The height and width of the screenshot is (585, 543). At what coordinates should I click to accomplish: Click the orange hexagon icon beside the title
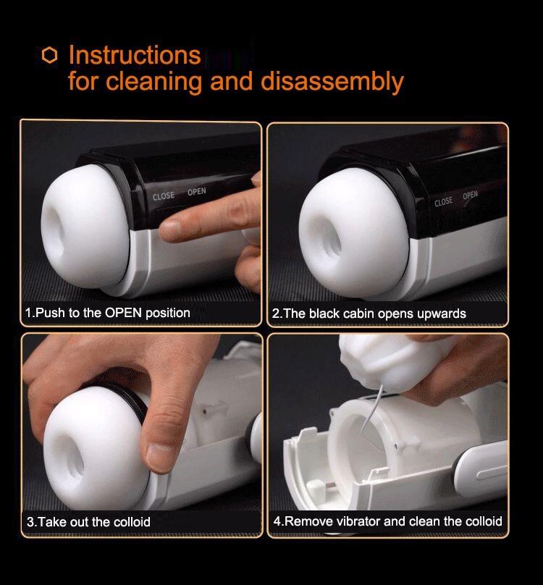50,55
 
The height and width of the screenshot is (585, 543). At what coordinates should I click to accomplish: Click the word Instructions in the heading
135,55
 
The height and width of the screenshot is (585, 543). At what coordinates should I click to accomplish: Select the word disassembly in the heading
332,82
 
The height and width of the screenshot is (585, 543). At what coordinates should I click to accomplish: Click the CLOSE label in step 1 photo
164,196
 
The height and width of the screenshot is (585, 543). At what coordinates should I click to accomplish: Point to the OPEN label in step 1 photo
197,192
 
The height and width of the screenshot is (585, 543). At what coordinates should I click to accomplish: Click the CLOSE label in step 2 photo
443,202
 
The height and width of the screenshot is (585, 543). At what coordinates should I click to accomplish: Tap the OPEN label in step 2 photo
470,195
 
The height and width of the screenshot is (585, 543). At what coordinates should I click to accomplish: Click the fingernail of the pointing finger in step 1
169,228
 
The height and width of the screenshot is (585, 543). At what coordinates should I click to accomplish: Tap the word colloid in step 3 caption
132,521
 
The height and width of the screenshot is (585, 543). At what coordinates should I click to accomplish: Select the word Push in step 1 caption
50,313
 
